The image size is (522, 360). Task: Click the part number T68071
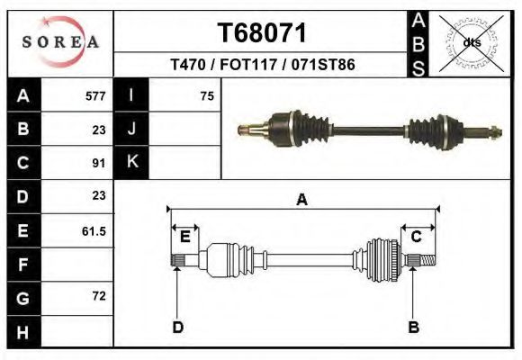pos(263,32)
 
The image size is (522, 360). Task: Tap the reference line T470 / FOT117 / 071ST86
pos(263,65)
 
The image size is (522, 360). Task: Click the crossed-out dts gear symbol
pos(471,41)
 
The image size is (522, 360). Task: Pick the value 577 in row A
pos(94,96)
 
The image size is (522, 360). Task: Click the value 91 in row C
pos(100,163)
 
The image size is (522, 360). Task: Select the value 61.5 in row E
pos(94,231)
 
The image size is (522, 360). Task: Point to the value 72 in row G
pos(99,296)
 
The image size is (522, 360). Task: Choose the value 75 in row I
pos(207,96)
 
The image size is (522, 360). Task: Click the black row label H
pos(22,333)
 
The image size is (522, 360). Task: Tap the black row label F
pos(22,265)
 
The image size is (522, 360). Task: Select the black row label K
pos(132,162)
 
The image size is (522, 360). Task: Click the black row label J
pos(132,129)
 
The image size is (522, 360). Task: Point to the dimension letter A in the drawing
pos(301,200)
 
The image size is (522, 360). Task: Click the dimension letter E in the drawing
pos(184,237)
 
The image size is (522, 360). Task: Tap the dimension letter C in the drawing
pos(417,237)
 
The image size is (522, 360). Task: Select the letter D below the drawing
pos(177,327)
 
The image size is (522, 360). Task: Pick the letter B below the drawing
pos(414,327)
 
